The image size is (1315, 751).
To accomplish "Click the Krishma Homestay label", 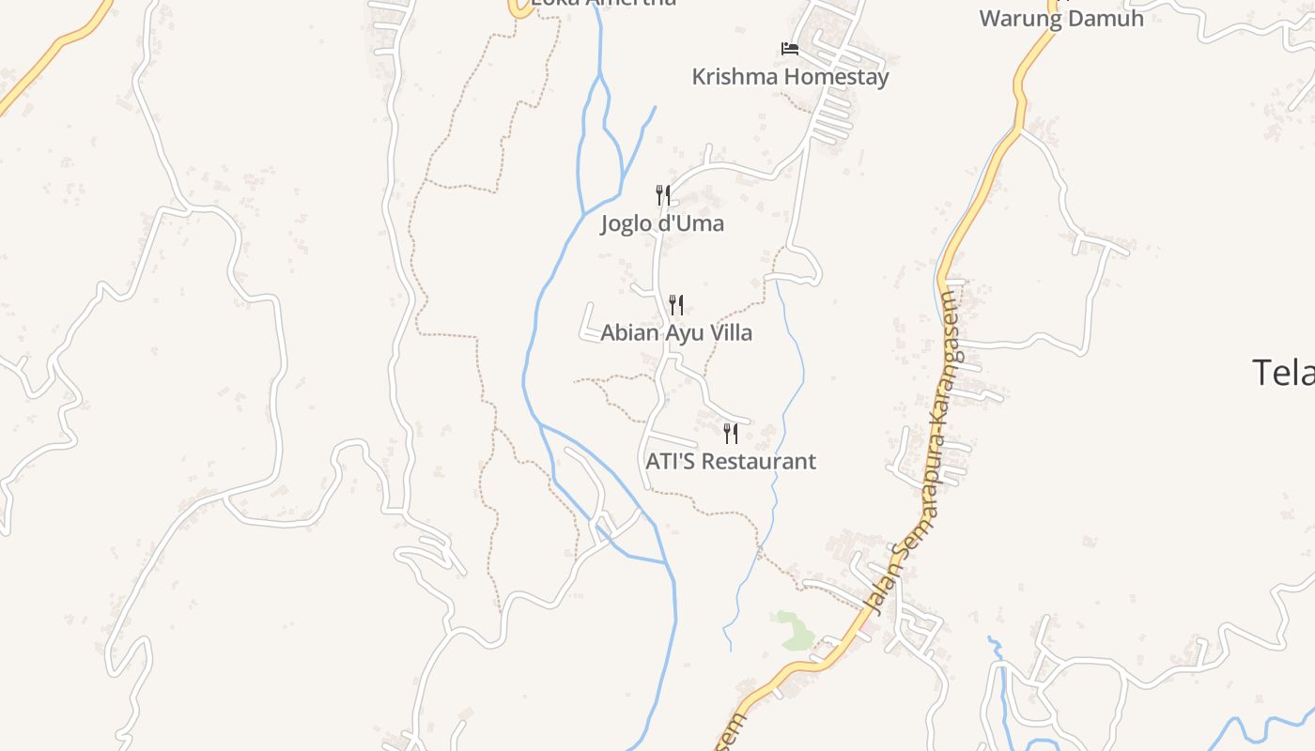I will tap(790, 77).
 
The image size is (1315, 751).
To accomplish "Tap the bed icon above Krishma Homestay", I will tap(790, 48).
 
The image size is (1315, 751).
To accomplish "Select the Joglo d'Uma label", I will tap(662, 224).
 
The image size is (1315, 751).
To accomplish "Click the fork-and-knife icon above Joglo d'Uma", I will tap(663, 195).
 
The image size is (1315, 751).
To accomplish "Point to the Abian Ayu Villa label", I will tap(676, 333).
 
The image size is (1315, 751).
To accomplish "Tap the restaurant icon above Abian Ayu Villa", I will tap(675, 304).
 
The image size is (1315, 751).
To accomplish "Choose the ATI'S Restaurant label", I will tap(731, 462).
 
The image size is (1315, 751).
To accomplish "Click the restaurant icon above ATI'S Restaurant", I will tap(731, 433).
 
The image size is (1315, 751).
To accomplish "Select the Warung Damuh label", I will tap(1061, 19).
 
